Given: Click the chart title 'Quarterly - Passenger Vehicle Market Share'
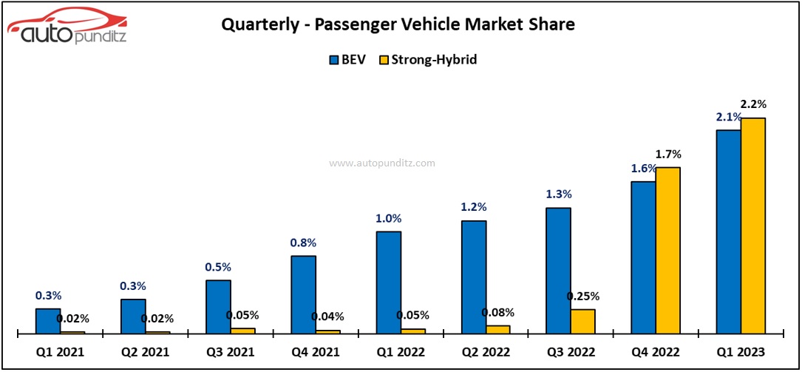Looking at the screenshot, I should coord(398,24).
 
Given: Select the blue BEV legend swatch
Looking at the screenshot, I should coord(333,60).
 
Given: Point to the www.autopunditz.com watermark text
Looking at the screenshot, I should coord(382,163).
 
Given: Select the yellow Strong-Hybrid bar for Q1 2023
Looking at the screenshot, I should coord(753,226).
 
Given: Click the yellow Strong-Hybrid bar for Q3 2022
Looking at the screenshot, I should coord(582,321).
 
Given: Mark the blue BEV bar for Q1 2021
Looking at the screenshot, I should coord(48,321).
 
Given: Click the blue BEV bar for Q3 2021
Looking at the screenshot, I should coord(218,306).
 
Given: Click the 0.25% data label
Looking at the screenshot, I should coord(583,297).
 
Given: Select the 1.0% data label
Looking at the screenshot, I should coord(388,218).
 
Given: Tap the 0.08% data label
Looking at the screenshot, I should coord(498,312).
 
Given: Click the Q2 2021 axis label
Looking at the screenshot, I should coord(145,352).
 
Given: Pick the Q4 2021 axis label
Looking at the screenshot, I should coord(315,352).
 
